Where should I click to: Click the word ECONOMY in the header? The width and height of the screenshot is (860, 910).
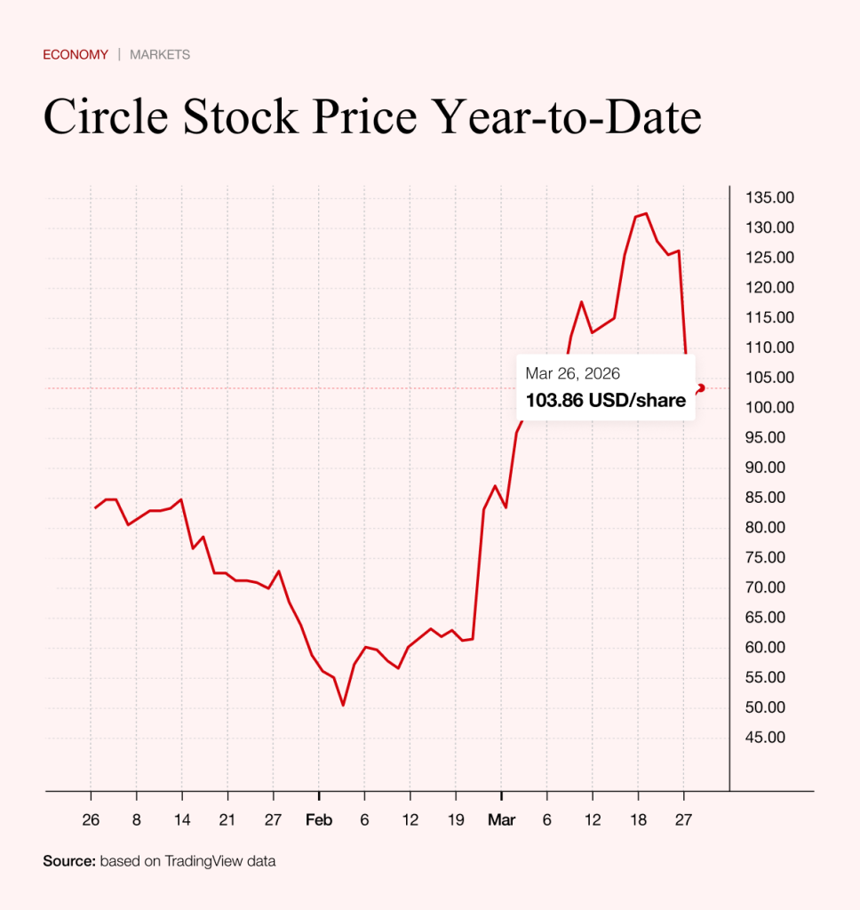click(76, 54)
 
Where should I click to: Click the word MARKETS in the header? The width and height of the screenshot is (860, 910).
click(160, 54)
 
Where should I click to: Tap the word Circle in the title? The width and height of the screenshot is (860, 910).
click(106, 117)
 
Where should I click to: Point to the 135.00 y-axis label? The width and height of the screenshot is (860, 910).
click(769, 197)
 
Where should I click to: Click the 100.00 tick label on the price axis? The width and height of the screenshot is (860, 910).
click(769, 407)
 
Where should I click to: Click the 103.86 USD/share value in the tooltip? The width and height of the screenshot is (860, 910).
click(605, 401)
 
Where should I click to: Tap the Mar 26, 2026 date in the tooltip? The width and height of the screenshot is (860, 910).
click(573, 373)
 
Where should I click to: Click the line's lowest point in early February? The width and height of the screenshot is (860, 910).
click(343, 706)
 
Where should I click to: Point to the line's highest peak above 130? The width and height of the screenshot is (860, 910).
click(646, 213)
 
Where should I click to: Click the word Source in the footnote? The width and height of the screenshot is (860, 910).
click(68, 861)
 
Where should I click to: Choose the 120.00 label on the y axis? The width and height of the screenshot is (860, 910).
click(769, 287)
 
